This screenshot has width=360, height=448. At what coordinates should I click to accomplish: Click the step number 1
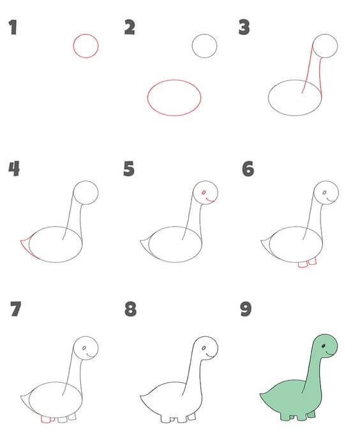(13, 27)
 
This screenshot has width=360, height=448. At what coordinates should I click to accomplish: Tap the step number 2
(130, 27)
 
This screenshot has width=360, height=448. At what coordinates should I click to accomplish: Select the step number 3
(244, 27)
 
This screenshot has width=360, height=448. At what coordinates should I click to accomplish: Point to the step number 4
(14, 168)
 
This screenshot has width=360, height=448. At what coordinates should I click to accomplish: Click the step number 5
(129, 168)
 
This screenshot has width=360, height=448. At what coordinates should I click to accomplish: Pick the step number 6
(248, 168)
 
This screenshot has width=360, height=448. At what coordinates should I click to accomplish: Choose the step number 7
(16, 309)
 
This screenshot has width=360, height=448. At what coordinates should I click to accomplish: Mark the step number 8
(131, 309)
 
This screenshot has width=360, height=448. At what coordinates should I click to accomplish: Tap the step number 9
(246, 309)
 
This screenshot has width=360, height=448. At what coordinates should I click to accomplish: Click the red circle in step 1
(73, 46)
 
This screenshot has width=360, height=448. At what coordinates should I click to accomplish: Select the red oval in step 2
(147, 98)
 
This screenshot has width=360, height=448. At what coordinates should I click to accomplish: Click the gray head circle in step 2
(192, 46)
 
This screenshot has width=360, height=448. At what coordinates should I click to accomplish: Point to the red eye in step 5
(204, 193)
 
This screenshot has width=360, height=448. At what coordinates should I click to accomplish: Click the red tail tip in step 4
(20, 241)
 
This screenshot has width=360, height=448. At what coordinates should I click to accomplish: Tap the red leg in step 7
(46, 419)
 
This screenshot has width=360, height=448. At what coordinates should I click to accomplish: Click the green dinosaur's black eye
(324, 346)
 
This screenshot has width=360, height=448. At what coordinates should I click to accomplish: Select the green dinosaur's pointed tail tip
(260, 394)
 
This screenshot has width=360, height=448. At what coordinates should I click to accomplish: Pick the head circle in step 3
(313, 46)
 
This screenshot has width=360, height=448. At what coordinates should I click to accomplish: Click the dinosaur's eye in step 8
(204, 348)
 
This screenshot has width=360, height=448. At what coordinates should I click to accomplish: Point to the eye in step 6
(324, 193)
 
